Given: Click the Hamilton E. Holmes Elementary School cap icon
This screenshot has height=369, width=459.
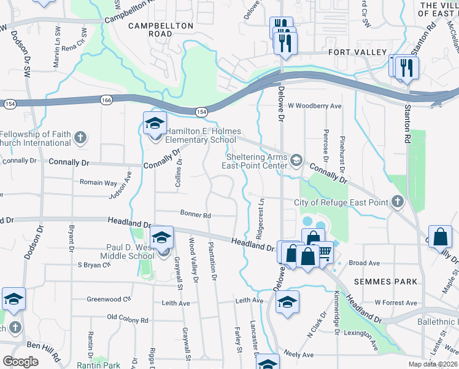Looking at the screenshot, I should (155, 122).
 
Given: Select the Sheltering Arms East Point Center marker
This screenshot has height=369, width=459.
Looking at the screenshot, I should (296, 161).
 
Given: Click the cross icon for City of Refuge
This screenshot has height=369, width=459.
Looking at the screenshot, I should (397, 202).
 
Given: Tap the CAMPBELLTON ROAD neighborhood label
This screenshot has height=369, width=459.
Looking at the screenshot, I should (160, 30).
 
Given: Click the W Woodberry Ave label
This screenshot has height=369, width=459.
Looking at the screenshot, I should (314, 106).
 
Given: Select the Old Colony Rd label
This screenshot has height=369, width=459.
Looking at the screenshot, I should (128, 320).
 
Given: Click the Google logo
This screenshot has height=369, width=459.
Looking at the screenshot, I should (20, 361).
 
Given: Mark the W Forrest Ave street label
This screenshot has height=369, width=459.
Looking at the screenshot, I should (396, 303).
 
